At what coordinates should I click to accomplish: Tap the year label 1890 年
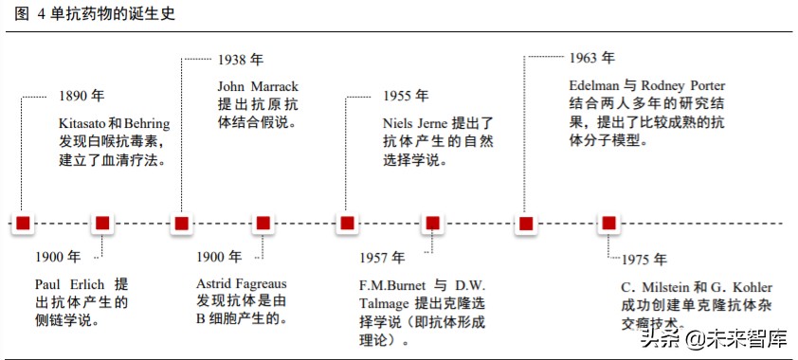82,96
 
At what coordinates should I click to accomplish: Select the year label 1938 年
240,60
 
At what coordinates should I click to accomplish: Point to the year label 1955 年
406,96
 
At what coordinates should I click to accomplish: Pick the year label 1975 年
644,260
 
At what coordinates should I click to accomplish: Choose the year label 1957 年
382,258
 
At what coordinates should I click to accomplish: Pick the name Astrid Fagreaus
242,284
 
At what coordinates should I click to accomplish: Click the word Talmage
385,303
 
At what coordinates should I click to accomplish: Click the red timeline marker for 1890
24,224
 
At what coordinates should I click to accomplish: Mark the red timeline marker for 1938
180,224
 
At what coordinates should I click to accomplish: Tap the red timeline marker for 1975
608,224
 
